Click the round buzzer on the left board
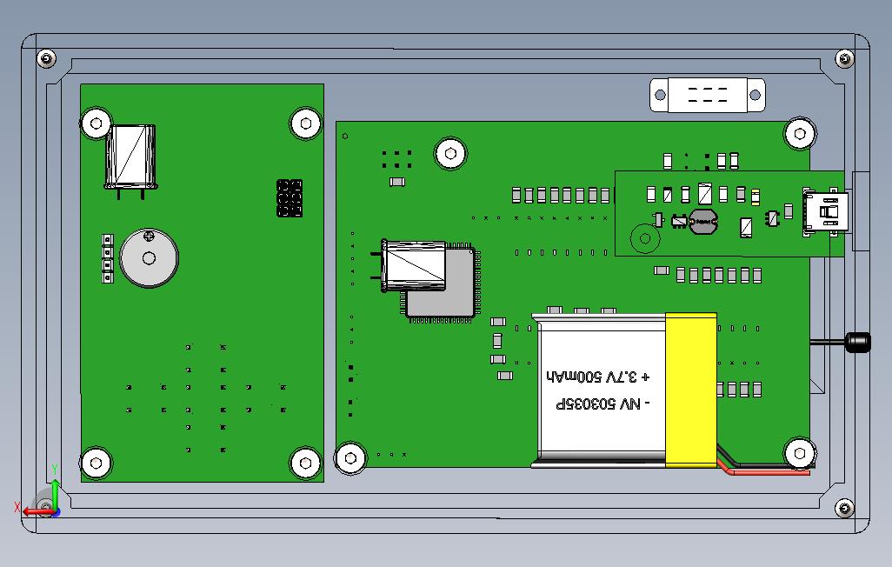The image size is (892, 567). click(150, 258)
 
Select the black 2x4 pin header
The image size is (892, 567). click(290, 198)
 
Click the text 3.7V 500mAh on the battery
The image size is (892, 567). click(598, 377)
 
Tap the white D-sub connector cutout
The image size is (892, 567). click(708, 95)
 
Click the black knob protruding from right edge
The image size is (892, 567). click(858, 342)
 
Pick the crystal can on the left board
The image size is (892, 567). click(130, 157)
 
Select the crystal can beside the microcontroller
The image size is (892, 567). click(414, 266)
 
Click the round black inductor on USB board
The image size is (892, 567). click(703, 222)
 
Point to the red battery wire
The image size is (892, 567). click(765, 473)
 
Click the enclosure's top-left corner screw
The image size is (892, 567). click(47, 59)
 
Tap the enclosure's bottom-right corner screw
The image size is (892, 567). click(844, 509)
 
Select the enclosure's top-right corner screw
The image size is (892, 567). click(844, 59)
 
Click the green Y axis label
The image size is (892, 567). click(55, 470)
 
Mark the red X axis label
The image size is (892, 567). click(17, 507)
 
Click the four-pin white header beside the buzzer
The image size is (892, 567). click(108, 258)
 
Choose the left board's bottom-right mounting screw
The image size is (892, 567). click(305, 463)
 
